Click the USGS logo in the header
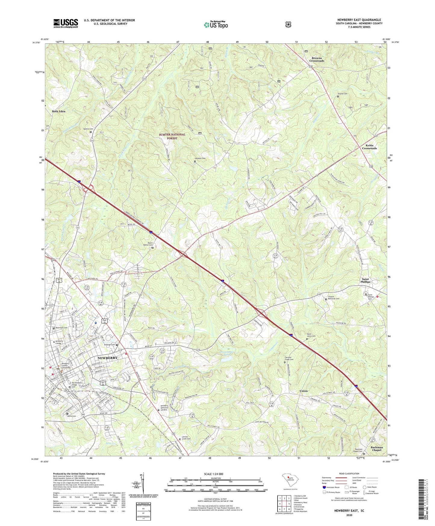[x=66, y=23]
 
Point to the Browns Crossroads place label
[x=317, y=59]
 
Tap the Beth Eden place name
[x=58, y=111]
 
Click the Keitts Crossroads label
[x=369, y=147]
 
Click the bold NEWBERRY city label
[x=107, y=358]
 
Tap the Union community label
[x=303, y=391]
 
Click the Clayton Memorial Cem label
[x=333, y=298]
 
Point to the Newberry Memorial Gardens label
[x=168, y=408]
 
